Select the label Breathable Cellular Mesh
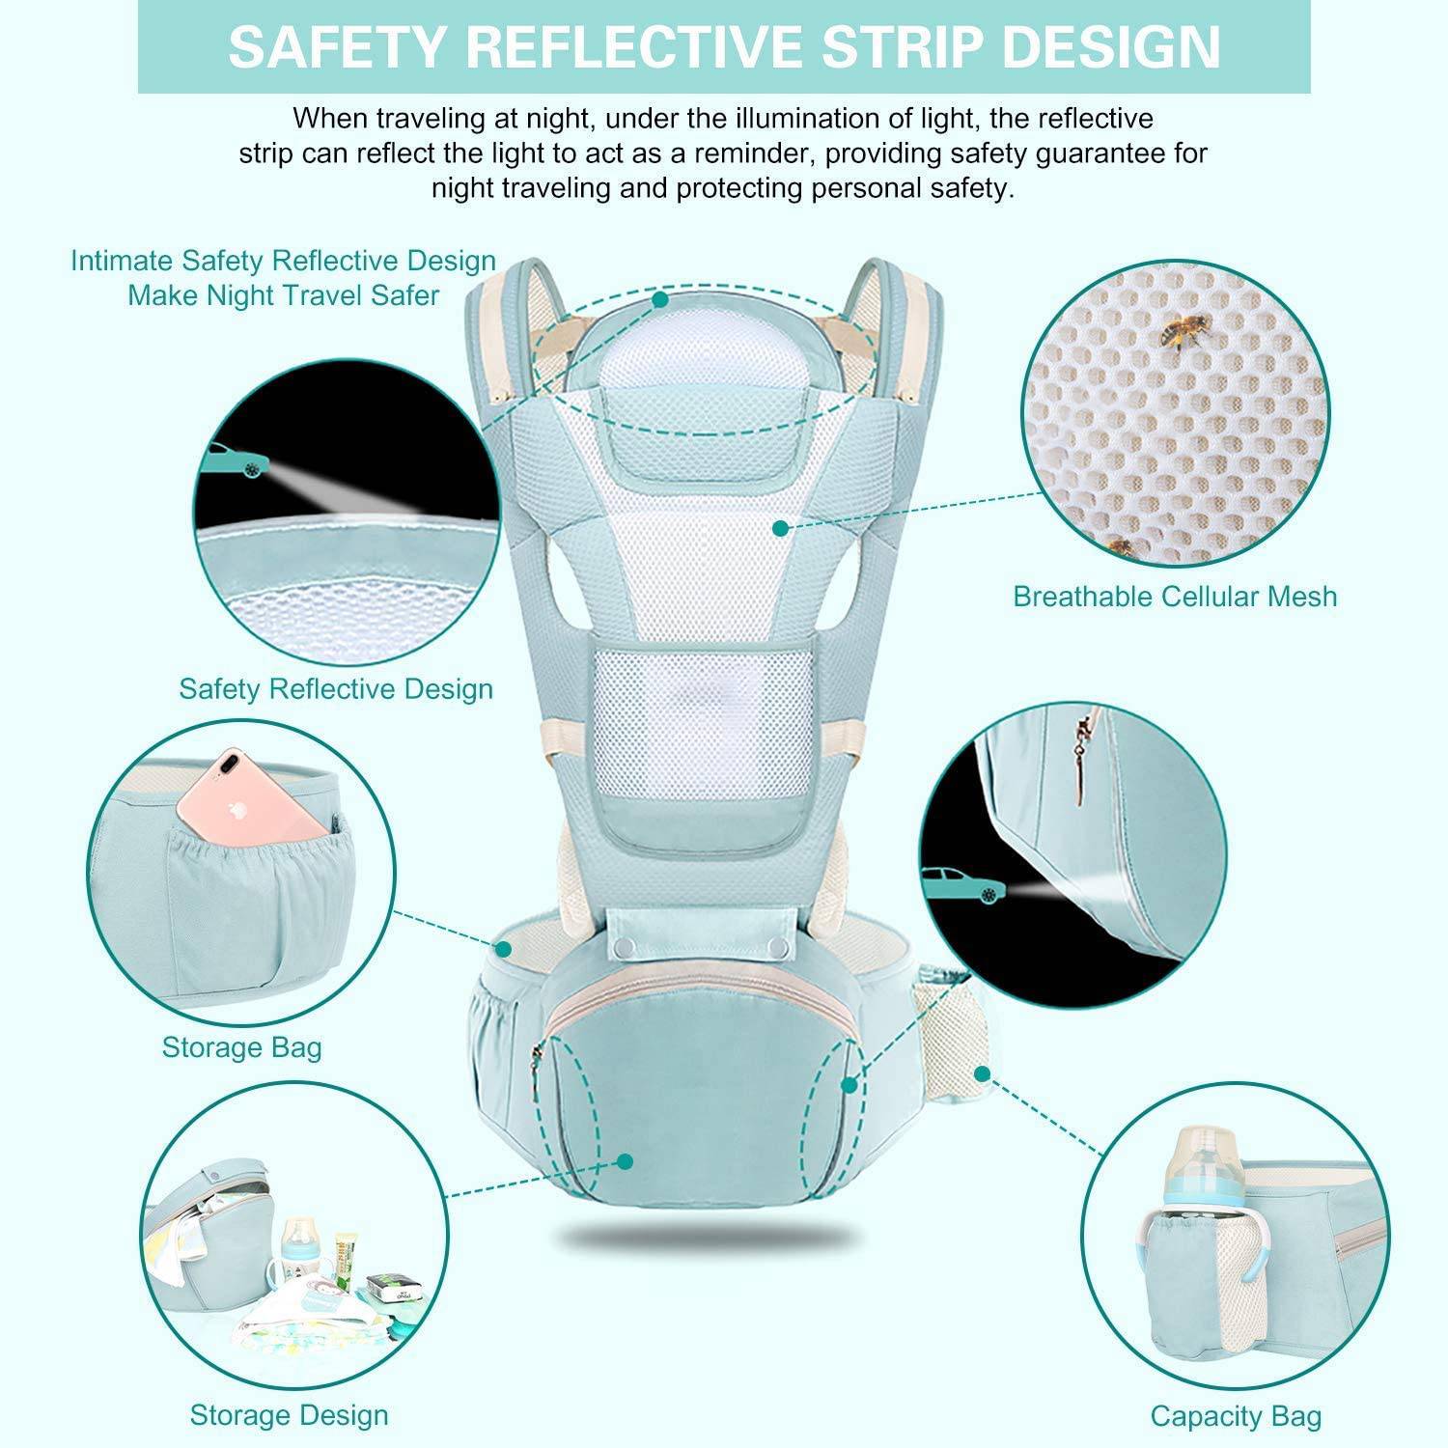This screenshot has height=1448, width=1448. (1175, 596)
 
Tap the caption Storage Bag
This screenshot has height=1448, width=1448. (241, 1047)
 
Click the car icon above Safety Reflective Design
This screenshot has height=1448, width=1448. (237, 460)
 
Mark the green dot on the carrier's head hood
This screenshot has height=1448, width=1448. (660, 299)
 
